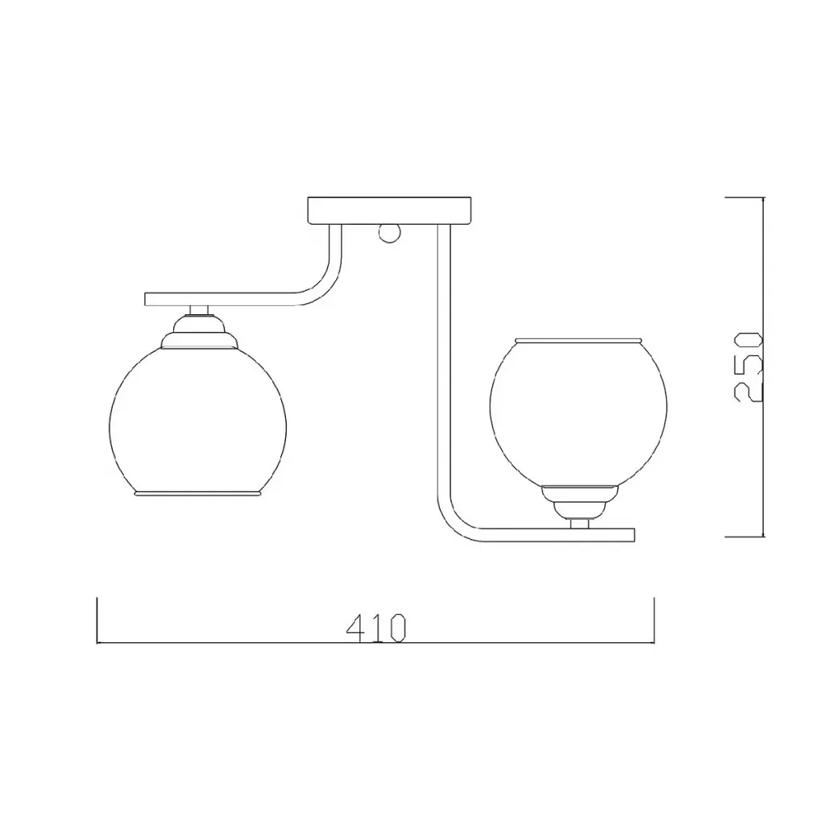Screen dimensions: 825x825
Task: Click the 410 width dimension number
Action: tap(376, 627)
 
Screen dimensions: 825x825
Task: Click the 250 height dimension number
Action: tap(748, 367)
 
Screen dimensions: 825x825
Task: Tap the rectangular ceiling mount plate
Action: tap(389, 210)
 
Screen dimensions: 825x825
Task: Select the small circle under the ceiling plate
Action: tap(389, 233)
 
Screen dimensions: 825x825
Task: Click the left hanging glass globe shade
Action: tap(198, 421)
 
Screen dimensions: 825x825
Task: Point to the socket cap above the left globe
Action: tap(199, 331)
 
